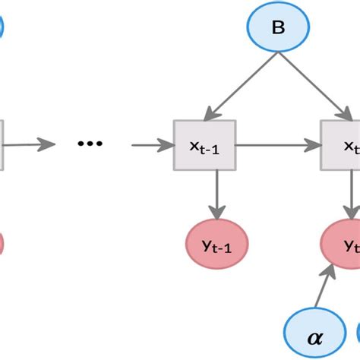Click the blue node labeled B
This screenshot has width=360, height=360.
278,29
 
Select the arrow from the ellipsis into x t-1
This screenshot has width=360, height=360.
152,143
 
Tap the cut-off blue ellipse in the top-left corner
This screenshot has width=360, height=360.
2,27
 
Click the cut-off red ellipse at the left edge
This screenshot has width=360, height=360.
2,244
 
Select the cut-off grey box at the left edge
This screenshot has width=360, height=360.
2,143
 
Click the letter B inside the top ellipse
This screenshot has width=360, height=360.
278,30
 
